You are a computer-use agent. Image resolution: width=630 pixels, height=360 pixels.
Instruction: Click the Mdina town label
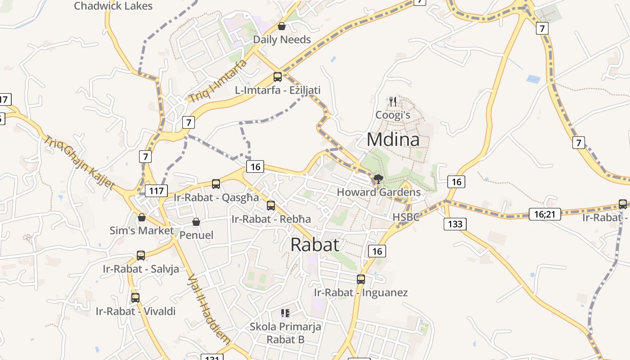393,139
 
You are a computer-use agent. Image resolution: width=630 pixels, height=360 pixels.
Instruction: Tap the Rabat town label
315,244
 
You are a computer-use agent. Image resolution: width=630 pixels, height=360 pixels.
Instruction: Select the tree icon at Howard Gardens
378,179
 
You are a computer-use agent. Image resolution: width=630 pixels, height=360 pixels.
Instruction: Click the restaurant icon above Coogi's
393,101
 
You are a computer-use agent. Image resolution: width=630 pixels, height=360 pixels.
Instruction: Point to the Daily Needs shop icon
282,27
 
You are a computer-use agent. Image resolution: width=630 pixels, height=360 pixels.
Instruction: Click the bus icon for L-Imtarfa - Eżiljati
278,77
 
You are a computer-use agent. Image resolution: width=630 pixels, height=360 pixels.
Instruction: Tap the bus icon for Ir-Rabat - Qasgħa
216,184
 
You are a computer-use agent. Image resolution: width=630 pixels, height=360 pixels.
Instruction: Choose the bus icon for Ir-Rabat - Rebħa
271,206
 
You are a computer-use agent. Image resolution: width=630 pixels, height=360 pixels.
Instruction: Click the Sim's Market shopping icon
142,218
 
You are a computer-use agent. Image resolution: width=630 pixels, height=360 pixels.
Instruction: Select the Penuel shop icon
196,222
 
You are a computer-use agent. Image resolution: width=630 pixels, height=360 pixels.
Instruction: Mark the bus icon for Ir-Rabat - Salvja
141,256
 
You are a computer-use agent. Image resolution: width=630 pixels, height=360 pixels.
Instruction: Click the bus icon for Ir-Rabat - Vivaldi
135,297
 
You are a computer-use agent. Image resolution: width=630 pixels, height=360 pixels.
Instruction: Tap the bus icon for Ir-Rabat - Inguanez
361,279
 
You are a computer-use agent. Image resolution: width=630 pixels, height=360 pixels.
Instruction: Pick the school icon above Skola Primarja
285,313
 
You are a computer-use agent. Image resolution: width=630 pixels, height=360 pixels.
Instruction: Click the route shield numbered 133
455,224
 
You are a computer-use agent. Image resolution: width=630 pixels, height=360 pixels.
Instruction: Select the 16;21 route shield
545,214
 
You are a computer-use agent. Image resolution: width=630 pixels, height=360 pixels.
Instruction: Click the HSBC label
406,217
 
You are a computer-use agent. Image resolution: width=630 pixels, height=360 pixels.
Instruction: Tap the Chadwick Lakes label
113,6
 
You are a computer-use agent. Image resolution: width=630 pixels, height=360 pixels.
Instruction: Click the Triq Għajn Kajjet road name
79,162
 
